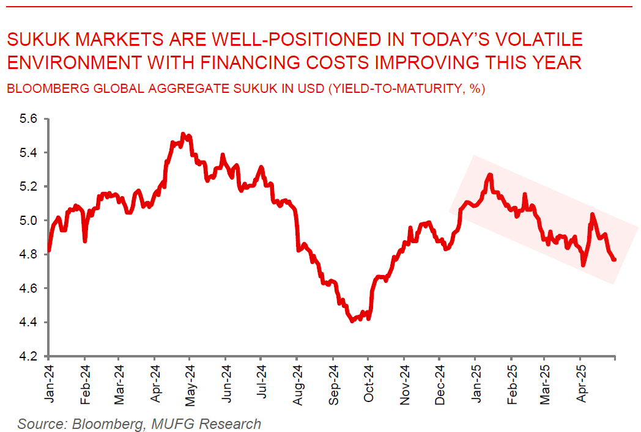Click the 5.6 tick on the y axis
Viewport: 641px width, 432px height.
[x=29, y=119]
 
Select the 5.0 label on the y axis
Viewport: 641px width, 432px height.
[x=29, y=220]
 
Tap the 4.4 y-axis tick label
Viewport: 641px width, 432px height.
[x=29, y=322]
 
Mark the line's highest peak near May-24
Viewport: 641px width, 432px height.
[x=183, y=134]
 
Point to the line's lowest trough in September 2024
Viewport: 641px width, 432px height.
[x=352, y=321]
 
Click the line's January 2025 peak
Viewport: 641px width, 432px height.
[x=489, y=175]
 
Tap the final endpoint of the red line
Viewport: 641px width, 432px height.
[x=614, y=260]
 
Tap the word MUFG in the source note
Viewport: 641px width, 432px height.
[x=171, y=423]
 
